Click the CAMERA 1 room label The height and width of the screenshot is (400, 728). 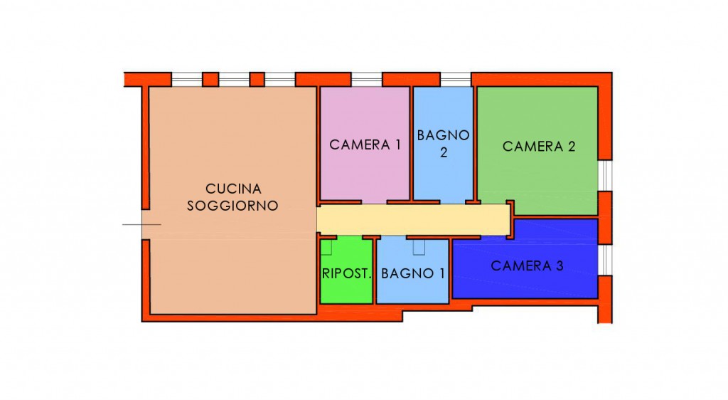coord(365,145)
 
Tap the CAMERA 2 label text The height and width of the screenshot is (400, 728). coord(539,147)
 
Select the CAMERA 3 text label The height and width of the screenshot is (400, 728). coord(527,265)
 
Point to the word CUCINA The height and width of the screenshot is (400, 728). coord(233,189)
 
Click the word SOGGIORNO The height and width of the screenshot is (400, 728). coord(232,206)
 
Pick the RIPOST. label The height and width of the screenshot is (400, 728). coord(347,273)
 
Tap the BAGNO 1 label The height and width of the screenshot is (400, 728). coord(413,273)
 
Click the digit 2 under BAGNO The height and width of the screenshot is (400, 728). coord(444,152)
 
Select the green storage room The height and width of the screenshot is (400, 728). coord(346,270)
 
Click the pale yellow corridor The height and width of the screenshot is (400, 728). coord(413,220)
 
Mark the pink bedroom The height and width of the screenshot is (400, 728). coord(365,144)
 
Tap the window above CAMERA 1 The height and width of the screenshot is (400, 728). coord(366,80)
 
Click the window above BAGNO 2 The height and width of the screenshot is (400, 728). coord(456,80)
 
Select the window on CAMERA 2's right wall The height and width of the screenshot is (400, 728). coord(605,176)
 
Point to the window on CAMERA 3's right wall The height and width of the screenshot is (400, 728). coord(605,260)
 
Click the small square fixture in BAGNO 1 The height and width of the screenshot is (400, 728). coord(419,247)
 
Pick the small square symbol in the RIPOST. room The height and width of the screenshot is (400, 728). coord(326,247)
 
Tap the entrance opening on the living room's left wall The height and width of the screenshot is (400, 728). coord(145,224)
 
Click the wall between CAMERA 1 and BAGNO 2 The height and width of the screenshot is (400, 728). coord(412,144)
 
